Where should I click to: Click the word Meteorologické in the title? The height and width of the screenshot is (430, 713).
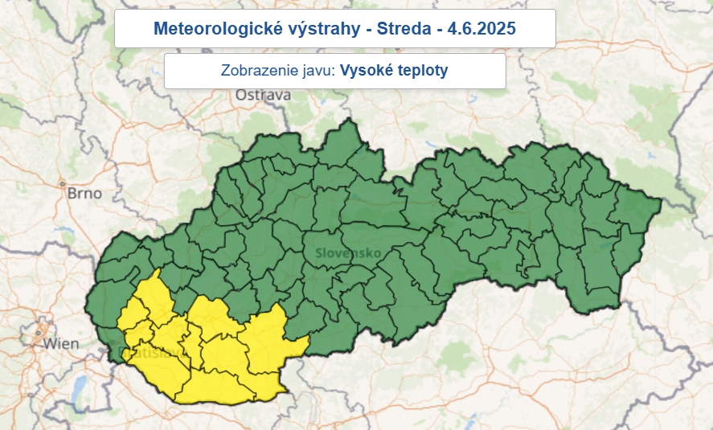click(x=206, y=29)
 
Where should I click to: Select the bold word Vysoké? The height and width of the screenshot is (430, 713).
click(x=366, y=71)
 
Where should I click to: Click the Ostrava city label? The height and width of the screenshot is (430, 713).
click(x=262, y=96)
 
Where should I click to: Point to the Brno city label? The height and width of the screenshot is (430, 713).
click(x=84, y=194)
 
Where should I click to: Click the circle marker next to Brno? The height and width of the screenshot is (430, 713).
click(x=61, y=184)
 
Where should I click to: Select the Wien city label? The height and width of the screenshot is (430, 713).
click(x=61, y=344)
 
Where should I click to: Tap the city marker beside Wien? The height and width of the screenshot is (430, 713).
click(x=37, y=331)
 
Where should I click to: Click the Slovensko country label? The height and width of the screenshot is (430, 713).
click(x=347, y=252)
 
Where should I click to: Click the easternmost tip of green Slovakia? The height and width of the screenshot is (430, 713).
click(x=659, y=201)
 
